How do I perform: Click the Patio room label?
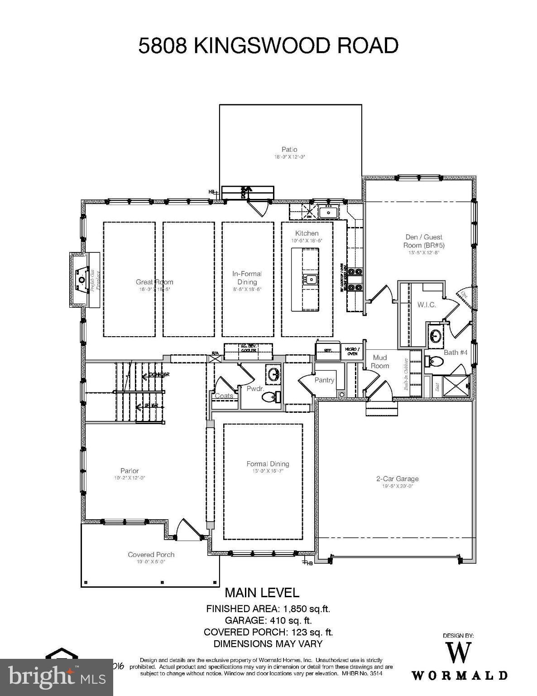click(289, 150)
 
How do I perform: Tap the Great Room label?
click(154, 282)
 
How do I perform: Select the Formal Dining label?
click(268, 464)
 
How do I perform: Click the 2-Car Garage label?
click(397, 478)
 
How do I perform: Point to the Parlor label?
click(129, 471)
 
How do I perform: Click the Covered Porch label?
click(151, 555)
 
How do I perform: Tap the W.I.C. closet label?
click(427, 305)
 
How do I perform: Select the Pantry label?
click(324, 380)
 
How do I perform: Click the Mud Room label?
click(380, 362)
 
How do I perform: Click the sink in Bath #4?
click(436, 336)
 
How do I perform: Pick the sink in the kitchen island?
click(312, 280)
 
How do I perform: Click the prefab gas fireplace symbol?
click(82, 280)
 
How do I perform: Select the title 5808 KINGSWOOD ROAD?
click(268, 46)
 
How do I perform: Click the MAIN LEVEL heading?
click(262, 592)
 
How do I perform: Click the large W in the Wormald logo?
click(459, 653)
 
